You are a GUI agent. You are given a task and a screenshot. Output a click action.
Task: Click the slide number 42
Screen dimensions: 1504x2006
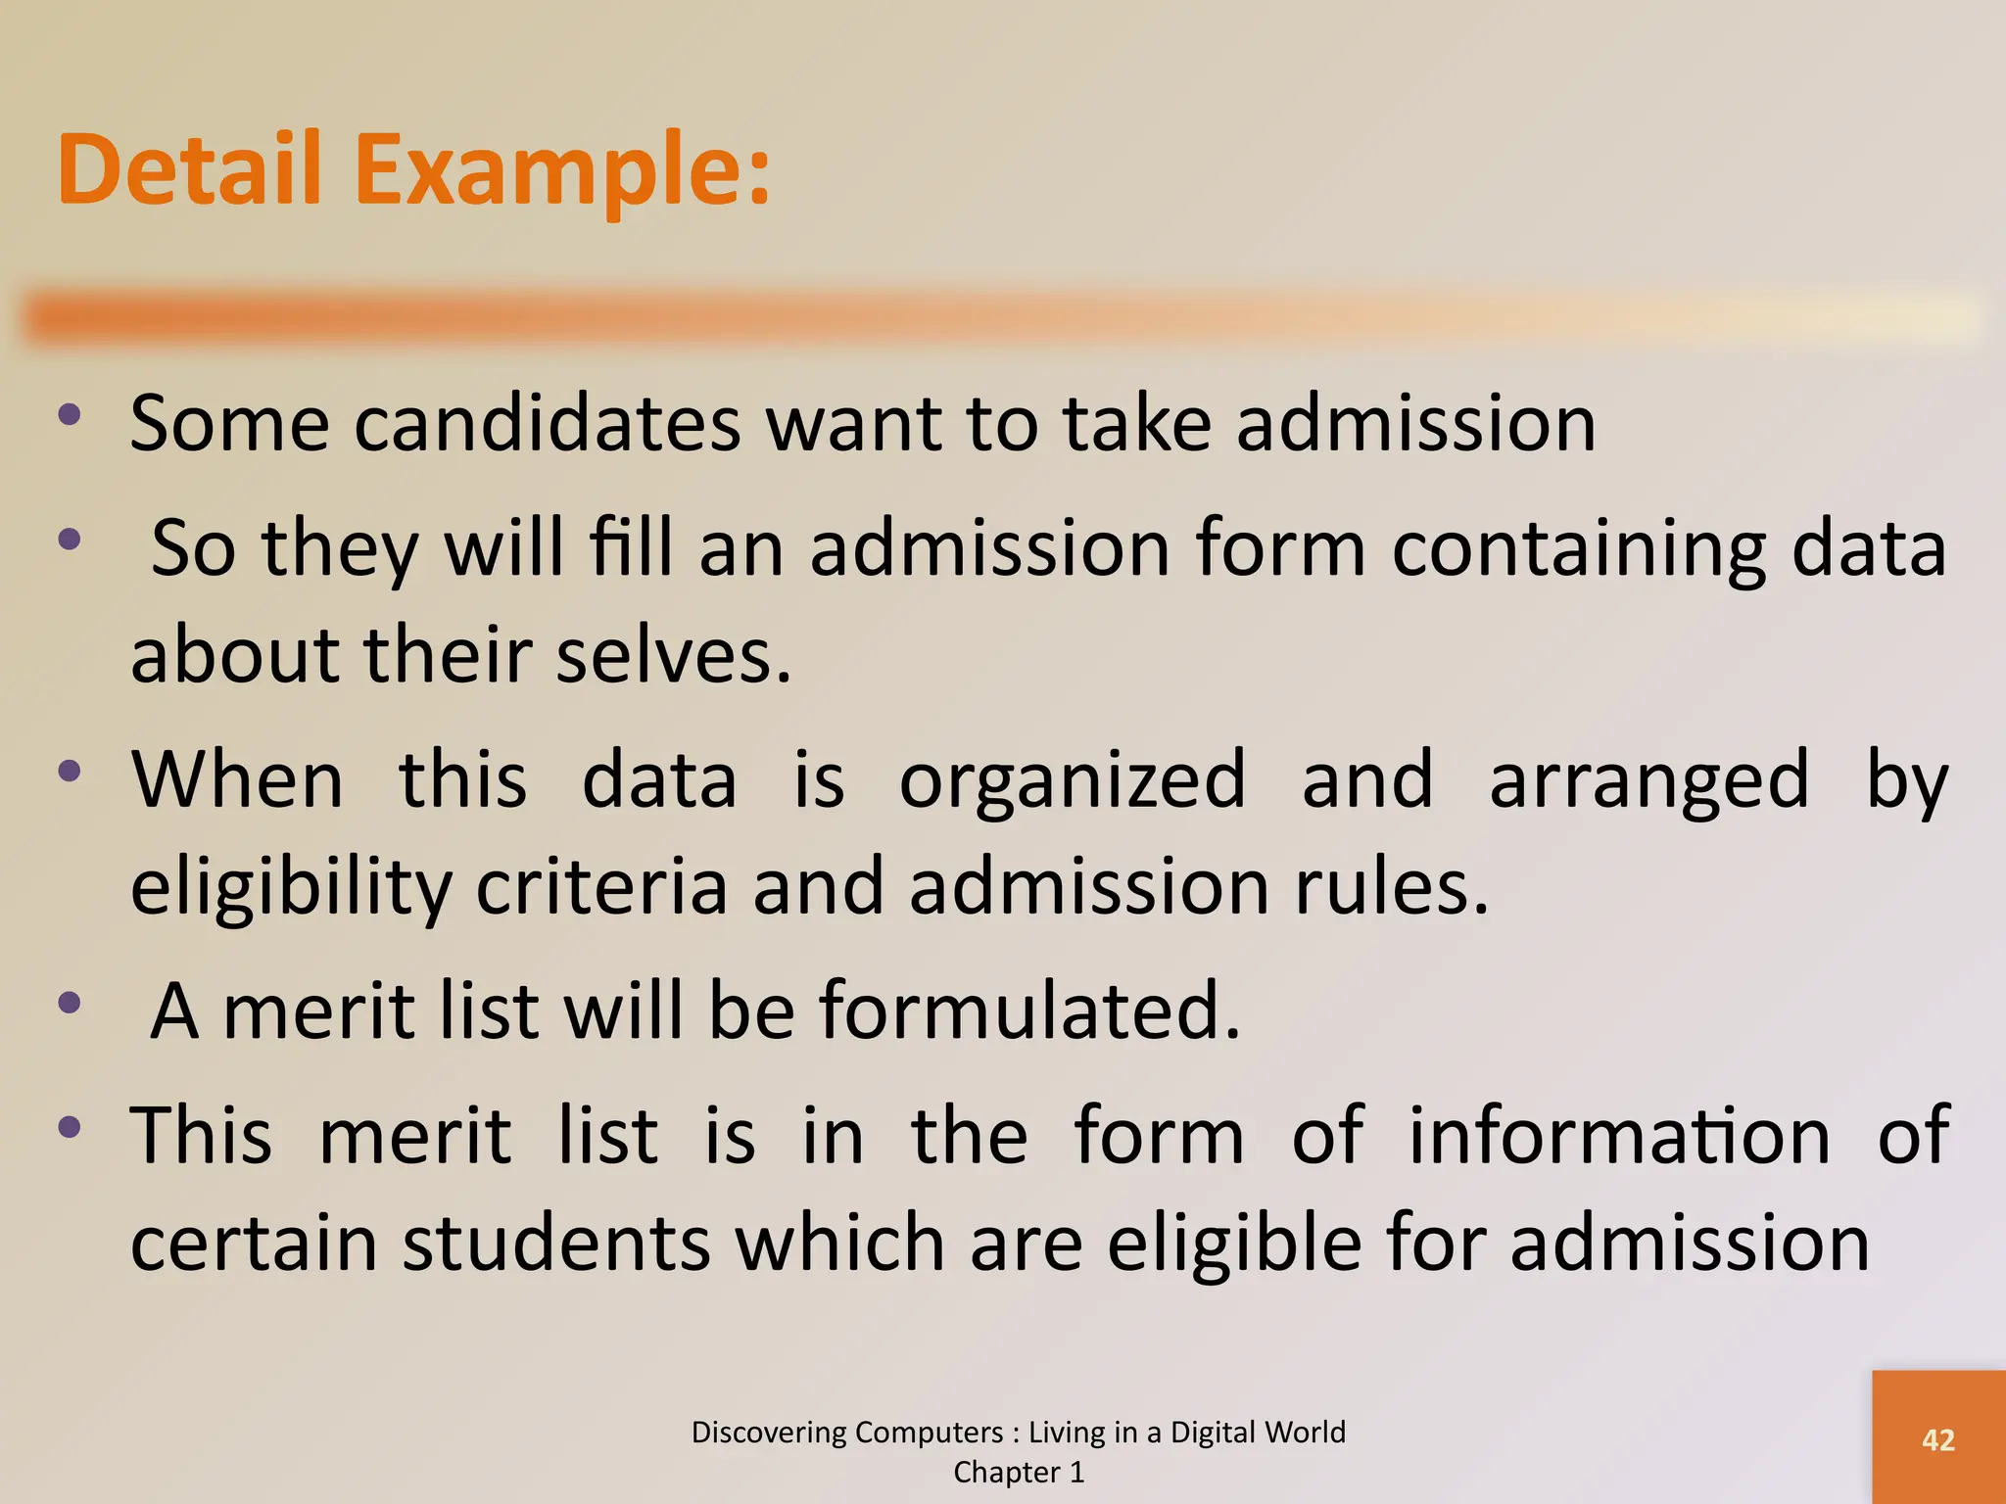click(1938, 1439)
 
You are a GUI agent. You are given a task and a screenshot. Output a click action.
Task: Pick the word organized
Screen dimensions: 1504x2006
click(1073, 779)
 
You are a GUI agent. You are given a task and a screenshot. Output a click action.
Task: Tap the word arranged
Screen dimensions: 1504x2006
click(1649, 781)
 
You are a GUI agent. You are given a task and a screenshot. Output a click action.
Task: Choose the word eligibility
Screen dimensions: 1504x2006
click(291, 887)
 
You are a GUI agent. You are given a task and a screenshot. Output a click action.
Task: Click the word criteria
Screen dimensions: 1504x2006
click(601, 886)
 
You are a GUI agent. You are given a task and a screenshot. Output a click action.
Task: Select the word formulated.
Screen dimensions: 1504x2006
click(1029, 1010)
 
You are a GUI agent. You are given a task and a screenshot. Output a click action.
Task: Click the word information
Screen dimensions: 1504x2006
click(1619, 1135)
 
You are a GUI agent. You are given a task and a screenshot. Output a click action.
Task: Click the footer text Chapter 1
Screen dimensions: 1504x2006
click(1019, 1472)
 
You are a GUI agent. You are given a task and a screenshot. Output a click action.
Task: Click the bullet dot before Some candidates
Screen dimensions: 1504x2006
click(69, 414)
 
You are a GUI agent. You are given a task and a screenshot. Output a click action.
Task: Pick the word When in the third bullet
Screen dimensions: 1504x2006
click(237, 779)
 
